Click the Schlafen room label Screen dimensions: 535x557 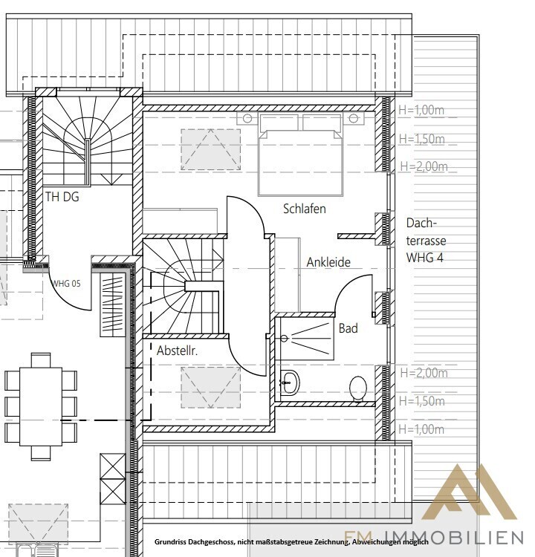click(305, 209)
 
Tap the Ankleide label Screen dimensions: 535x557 click(328, 262)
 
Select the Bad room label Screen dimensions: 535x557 click(348, 328)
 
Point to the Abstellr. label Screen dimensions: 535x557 click(177, 351)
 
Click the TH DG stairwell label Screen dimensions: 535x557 click(62, 197)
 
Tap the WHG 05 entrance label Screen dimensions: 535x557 click(66, 284)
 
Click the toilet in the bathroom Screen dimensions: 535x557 click(358, 388)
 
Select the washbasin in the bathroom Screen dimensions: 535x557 click(290, 383)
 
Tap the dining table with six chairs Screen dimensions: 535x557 click(41, 407)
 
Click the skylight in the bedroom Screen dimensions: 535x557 click(211, 149)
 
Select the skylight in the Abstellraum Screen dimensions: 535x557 click(211, 387)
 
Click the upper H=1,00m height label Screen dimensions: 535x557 click(421, 110)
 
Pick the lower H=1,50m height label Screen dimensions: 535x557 click(422, 401)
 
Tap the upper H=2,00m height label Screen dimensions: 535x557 click(424, 166)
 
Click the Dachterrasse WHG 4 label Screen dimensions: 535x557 click(426, 240)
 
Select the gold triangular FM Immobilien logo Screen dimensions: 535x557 click(469, 492)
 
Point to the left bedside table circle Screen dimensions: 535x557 click(247, 118)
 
